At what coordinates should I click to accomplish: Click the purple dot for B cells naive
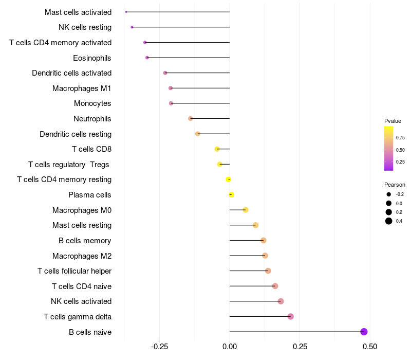tap(364, 332)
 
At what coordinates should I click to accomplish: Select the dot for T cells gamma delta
tap(291, 316)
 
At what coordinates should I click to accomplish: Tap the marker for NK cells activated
tap(281, 301)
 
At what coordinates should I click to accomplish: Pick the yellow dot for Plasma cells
tap(232, 195)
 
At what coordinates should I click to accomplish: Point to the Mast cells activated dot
tap(126, 12)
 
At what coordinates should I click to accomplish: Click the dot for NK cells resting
tap(132, 27)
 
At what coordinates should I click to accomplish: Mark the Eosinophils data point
tap(147, 58)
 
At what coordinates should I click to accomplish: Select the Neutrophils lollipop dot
tap(191, 118)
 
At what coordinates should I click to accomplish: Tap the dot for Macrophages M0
tap(246, 210)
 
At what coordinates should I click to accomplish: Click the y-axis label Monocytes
tap(92, 103)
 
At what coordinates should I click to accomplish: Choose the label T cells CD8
tap(91, 149)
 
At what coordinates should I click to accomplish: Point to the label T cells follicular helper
tap(74, 271)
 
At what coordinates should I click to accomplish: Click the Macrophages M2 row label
tap(82, 256)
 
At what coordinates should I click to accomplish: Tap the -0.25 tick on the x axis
tap(159, 346)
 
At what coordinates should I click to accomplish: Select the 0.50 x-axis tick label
tap(369, 346)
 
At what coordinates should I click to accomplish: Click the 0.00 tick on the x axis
tap(230, 346)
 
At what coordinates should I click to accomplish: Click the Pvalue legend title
tap(393, 121)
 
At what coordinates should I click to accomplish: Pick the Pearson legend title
tap(395, 185)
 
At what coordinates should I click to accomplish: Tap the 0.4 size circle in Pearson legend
tap(389, 221)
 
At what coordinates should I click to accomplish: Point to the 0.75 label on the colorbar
tap(400, 138)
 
